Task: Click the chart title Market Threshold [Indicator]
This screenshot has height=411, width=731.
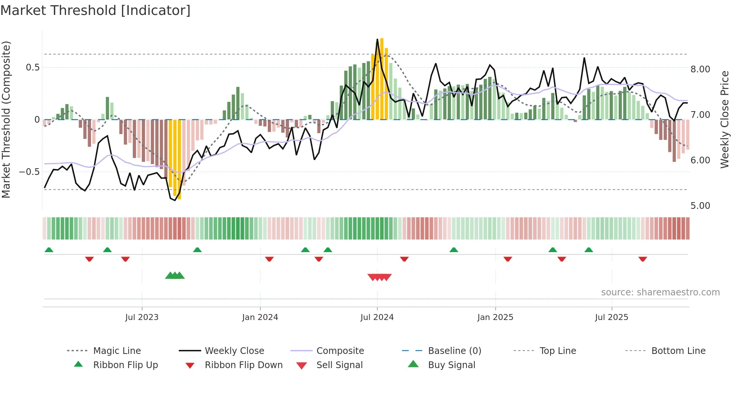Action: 95,10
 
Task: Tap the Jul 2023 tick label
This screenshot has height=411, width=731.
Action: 142,317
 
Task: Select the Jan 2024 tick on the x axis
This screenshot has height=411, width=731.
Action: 260,317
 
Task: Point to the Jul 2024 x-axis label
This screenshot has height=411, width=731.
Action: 377,317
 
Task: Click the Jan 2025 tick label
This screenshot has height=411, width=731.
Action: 495,317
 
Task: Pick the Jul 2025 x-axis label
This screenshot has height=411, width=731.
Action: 612,317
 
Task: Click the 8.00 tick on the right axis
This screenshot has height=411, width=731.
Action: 700,69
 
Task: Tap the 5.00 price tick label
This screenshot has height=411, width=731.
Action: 700,206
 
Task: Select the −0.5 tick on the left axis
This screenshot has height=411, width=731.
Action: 29,172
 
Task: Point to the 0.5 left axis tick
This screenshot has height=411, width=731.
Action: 32,68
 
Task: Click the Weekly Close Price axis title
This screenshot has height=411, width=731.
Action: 724,119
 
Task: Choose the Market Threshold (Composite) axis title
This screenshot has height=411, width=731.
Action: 6,119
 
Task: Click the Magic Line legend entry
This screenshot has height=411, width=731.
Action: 117,351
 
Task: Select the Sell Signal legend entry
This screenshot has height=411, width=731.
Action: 339,365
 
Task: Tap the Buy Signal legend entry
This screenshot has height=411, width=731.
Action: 451,365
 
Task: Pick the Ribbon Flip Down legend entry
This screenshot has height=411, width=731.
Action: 243,365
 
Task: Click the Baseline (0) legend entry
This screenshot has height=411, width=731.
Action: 454,351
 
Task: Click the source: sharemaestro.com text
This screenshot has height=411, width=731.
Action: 660,292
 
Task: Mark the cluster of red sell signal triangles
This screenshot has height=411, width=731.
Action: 379,277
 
